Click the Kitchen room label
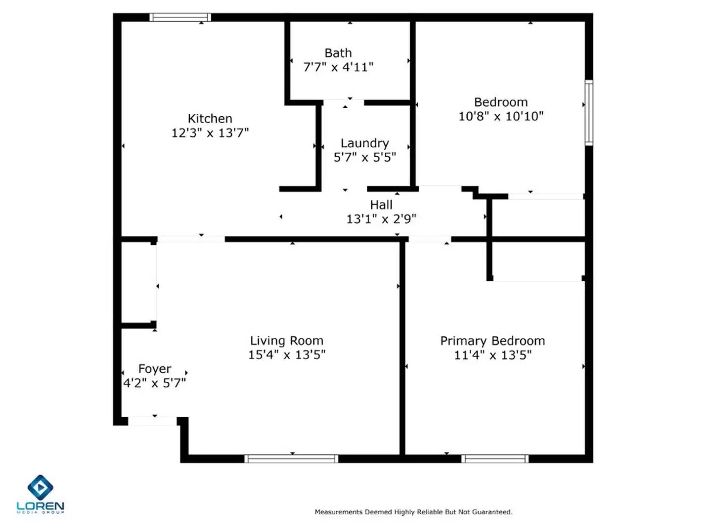[210, 119]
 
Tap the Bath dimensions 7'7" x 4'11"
[338, 67]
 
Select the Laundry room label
[365, 143]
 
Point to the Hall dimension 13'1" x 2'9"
[381, 219]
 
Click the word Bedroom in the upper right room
[501, 102]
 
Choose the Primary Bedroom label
[492, 341]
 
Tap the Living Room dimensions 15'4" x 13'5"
[287, 355]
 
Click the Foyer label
[154, 369]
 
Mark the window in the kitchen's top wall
[180, 18]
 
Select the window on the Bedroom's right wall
[589, 112]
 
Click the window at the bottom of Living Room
[291, 459]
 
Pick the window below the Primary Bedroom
[495, 459]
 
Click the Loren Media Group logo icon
[40, 487]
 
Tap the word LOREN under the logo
[40, 506]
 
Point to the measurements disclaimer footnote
[413, 512]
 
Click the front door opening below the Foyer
[152, 421]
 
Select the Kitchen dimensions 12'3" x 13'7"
[210, 133]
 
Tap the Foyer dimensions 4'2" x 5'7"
[154, 383]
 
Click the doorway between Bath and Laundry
[344, 103]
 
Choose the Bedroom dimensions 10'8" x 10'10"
[501, 116]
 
